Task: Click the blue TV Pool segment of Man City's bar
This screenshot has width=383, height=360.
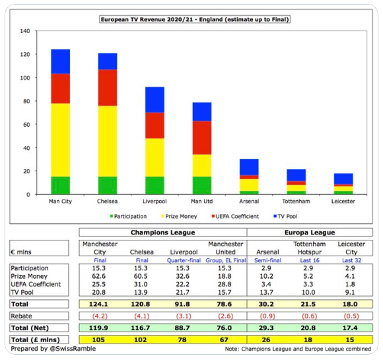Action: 60,61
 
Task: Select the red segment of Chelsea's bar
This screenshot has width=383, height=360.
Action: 108,88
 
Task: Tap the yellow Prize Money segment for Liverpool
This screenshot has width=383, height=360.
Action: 155,157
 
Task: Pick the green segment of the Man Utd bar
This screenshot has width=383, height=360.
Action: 202,186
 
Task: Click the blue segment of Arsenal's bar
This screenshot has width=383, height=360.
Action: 249,167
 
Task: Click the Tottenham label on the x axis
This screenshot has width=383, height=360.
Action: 296,201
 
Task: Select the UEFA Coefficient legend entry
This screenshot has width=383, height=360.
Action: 235,216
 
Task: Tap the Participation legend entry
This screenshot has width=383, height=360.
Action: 128,216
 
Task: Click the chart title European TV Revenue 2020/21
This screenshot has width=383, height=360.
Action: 195,19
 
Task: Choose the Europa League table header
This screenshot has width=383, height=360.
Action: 310,233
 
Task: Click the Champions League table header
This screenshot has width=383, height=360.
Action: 162,233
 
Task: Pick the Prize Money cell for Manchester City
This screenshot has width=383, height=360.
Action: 98,276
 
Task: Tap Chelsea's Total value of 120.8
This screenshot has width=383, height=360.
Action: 140,304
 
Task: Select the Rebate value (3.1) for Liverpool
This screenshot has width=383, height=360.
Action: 184,316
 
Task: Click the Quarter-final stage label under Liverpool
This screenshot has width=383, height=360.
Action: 184,260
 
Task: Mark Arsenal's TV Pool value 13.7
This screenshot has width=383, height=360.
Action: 266,293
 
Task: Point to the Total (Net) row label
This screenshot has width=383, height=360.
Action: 30,328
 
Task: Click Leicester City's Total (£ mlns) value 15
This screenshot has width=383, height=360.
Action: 350,340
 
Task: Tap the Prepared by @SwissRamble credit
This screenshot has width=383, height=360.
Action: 53,349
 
